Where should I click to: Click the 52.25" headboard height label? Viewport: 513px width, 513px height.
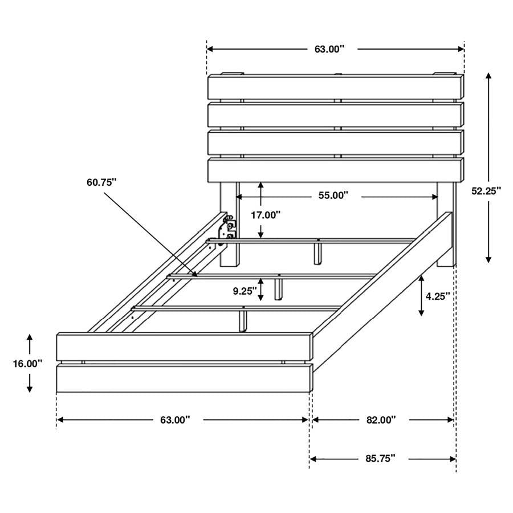(x=486, y=192)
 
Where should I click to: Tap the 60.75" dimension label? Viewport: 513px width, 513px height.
(x=101, y=182)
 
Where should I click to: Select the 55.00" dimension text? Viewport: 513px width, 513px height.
(x=333, y=196)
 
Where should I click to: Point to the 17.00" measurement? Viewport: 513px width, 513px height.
(x=266, y=215)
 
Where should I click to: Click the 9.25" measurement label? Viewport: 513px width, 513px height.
(x=245, y=291)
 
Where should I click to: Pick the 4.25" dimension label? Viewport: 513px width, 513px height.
(x=438, y=296)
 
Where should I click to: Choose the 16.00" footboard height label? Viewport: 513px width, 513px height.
(x=28, y=364)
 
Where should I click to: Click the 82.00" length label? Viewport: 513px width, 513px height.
(x=381, y=420)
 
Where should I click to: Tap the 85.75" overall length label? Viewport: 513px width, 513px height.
(x=381, y=458)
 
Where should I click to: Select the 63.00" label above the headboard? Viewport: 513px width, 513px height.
(x=329, y=49)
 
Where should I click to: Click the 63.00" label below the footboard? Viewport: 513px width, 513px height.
(x=174, y=420)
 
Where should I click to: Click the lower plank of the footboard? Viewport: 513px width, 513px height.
(x=184, y=379)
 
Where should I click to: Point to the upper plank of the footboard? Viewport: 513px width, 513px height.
(x=184, y=347)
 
